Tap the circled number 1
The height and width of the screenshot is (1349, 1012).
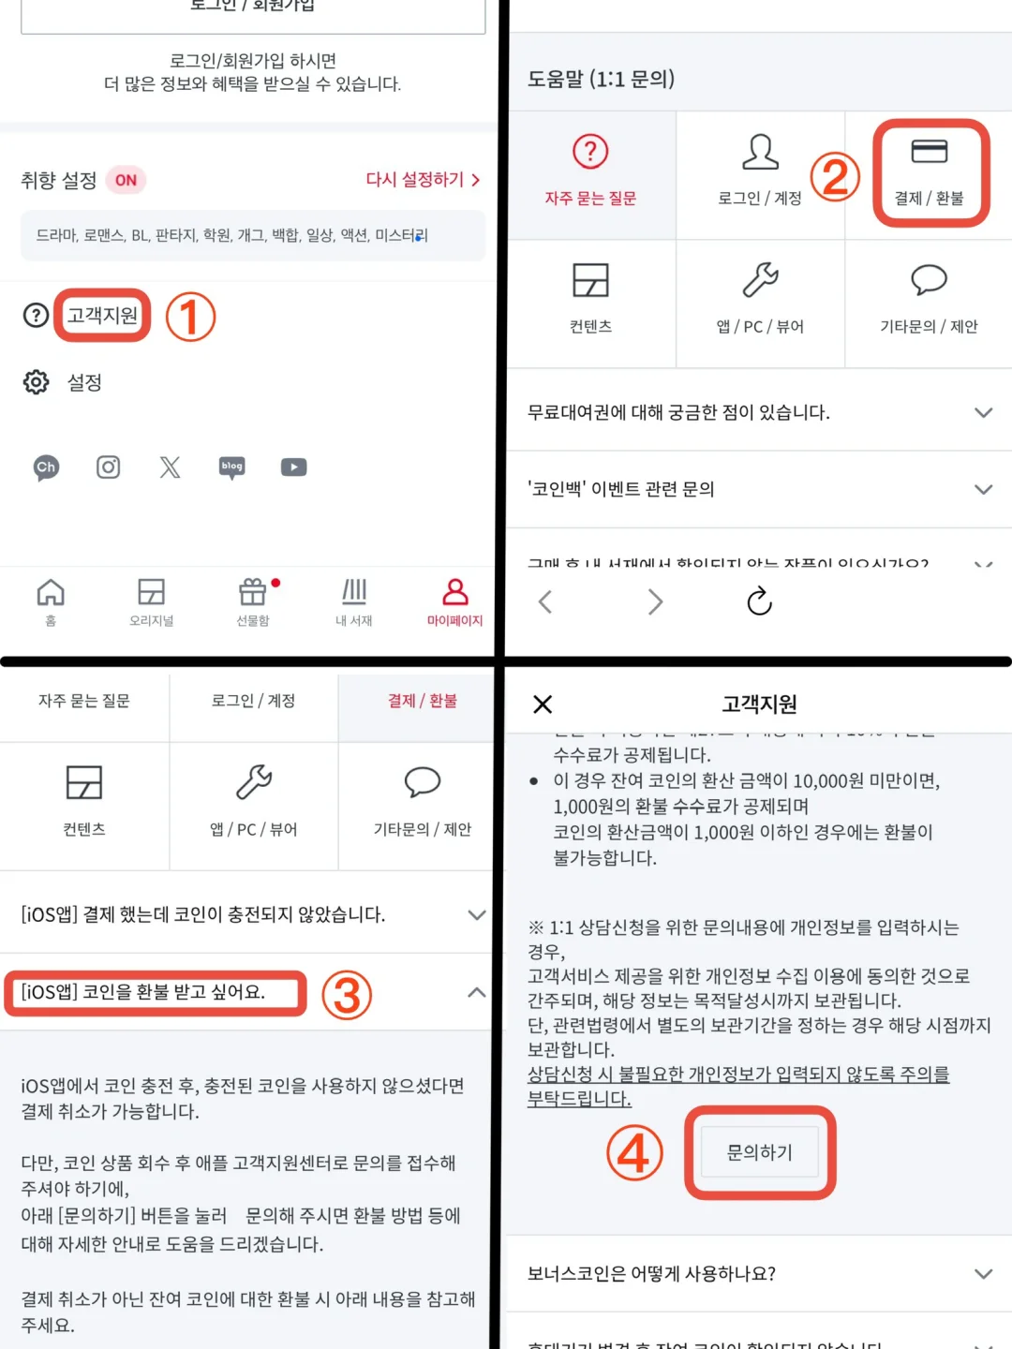point(190,317)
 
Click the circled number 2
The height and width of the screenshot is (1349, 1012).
point(835,176)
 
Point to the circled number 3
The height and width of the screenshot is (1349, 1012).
point(347,995)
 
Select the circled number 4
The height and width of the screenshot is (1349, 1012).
point(634,1152)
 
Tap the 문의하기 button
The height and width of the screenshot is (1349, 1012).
point(760,1152)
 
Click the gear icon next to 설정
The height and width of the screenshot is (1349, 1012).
point(37,382)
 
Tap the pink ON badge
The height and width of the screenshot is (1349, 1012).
point(126,180)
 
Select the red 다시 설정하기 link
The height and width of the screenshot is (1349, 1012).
point(422,179)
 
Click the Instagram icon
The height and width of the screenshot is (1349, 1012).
point(109,467)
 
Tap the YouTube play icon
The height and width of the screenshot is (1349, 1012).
point(293,467)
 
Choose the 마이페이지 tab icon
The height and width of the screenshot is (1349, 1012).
point(455,592)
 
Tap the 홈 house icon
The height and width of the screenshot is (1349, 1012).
point(51,592)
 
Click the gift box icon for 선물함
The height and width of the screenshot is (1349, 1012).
point(253,592)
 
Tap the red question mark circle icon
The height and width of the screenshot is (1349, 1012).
point(590,151)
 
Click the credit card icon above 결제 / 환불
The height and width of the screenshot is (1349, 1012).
point(929,151)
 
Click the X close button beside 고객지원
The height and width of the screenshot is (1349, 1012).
point(543,704)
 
